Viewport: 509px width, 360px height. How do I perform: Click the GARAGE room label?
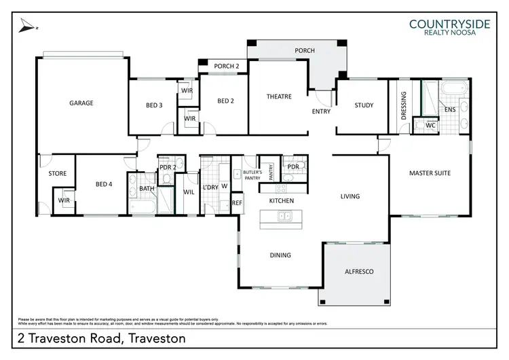(81, 103)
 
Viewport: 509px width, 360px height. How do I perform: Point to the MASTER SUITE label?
(430, 173)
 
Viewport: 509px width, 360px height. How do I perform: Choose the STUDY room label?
(364, 105)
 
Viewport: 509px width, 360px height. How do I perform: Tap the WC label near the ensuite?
(430, 126)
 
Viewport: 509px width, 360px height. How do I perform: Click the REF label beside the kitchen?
(237, 202)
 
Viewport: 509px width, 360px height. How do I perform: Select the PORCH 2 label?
(227, 66)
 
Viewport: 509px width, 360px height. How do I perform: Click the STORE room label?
(58, 174)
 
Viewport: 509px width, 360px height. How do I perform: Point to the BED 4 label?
(103, 183)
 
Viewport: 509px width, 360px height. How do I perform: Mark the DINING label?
(280, 255)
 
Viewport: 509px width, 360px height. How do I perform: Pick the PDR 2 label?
(167, 167)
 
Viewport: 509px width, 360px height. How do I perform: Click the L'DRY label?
(210, 187)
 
